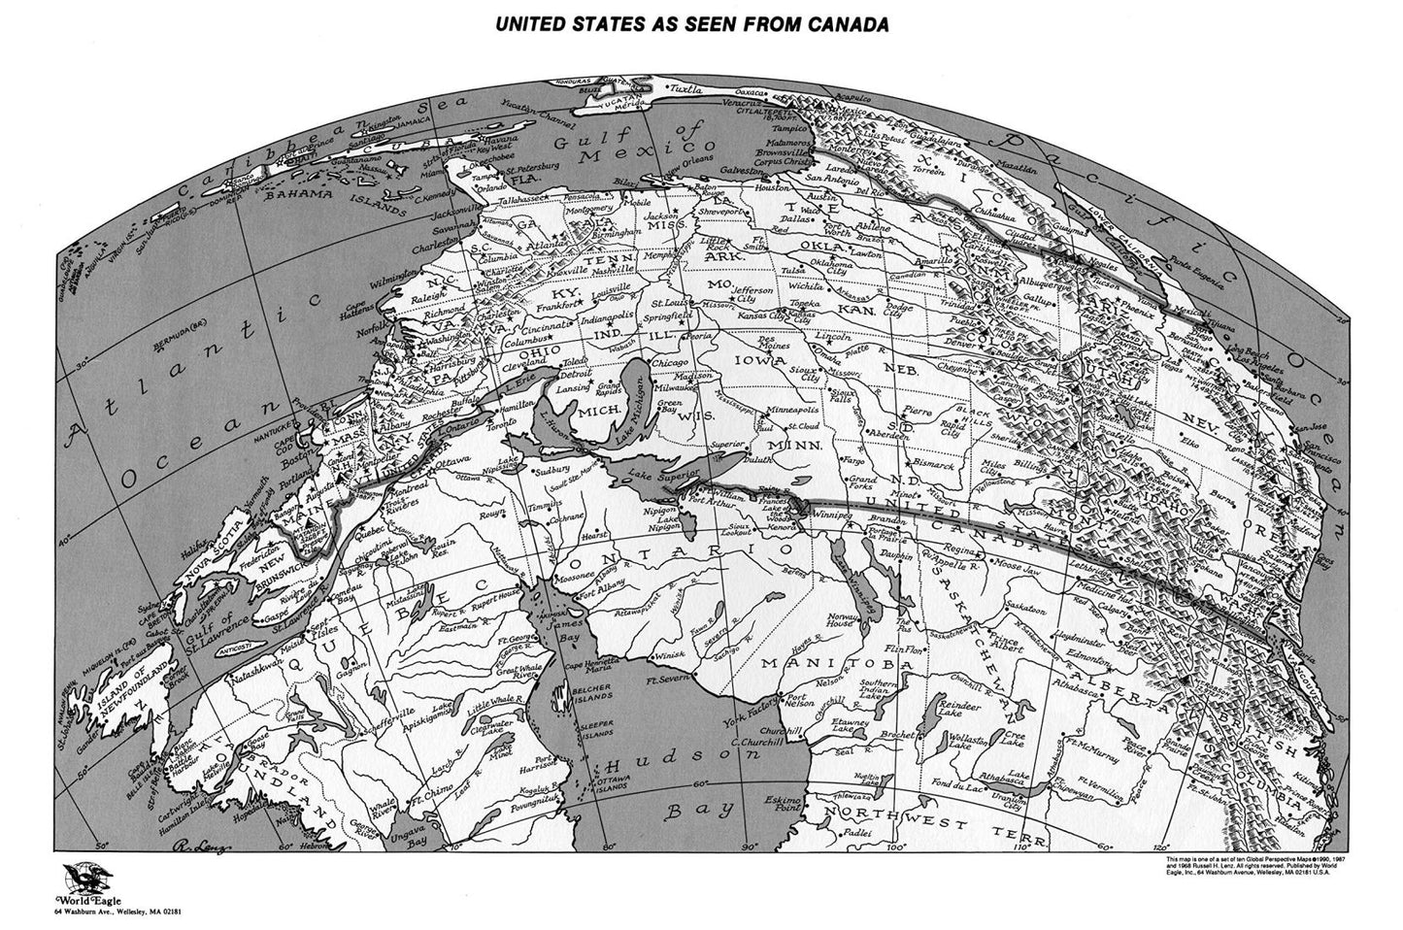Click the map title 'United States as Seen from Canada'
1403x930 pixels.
point(692,23)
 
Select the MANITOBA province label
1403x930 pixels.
point(816,662)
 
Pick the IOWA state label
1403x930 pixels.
point(763,368)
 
